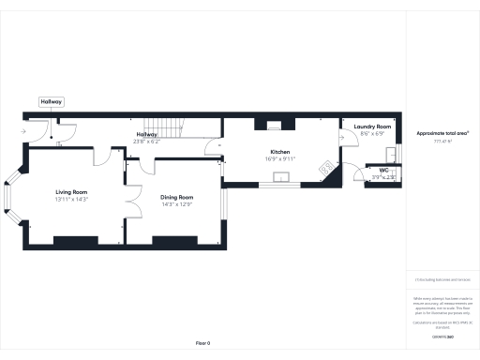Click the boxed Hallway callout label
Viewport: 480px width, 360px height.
point(51,101)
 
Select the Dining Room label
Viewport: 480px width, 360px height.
point(176,197)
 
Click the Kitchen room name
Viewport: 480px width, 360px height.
point(280,152)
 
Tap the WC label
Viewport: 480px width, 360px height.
point(383,170)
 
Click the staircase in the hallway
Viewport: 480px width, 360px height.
point(164,130)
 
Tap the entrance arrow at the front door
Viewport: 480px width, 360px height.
point(23,132)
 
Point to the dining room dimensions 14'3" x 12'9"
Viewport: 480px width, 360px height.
point(176,203)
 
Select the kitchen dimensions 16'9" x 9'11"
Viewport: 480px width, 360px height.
point(280,159)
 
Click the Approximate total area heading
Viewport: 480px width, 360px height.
point(443,133)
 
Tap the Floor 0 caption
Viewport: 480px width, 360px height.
point(202,343)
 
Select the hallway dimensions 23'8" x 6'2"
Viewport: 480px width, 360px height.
point(147,142)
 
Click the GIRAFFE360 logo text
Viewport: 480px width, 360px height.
point(443,335)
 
